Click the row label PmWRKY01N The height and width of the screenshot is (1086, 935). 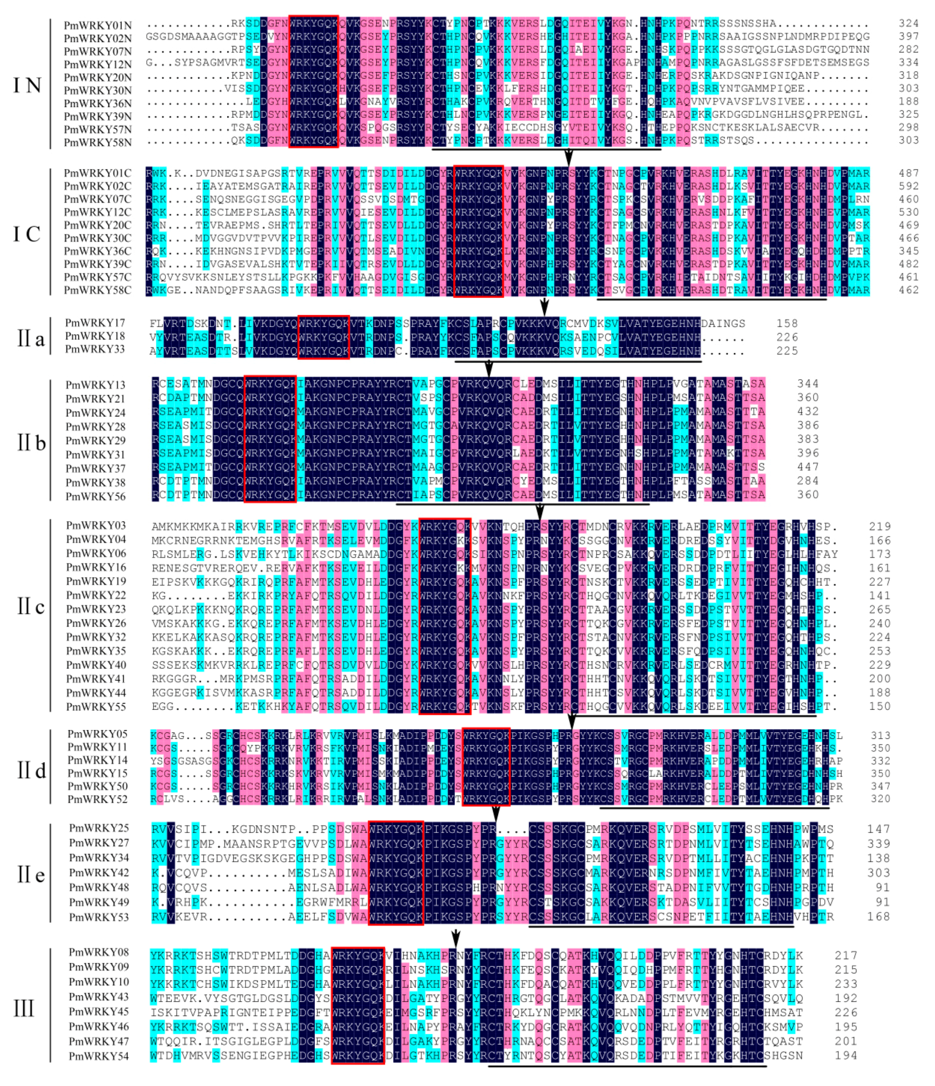98,25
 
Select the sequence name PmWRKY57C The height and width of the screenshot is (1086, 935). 98,277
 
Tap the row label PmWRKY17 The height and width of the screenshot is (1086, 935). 95,323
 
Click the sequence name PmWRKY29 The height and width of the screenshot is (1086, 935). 95,440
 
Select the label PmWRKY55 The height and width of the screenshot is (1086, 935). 96,706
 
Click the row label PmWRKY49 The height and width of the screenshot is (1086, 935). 99,902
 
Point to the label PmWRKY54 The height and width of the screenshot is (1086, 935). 99,1056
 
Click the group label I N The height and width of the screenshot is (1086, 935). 27,85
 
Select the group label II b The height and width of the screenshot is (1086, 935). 31,443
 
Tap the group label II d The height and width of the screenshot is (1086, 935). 31,770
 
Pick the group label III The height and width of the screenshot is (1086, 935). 24,1008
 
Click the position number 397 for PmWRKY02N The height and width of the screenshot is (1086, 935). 909,37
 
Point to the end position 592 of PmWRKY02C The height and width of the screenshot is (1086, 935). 909,186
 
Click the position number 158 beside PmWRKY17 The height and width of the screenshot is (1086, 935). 787,323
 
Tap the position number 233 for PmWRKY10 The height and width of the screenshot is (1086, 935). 846,984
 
